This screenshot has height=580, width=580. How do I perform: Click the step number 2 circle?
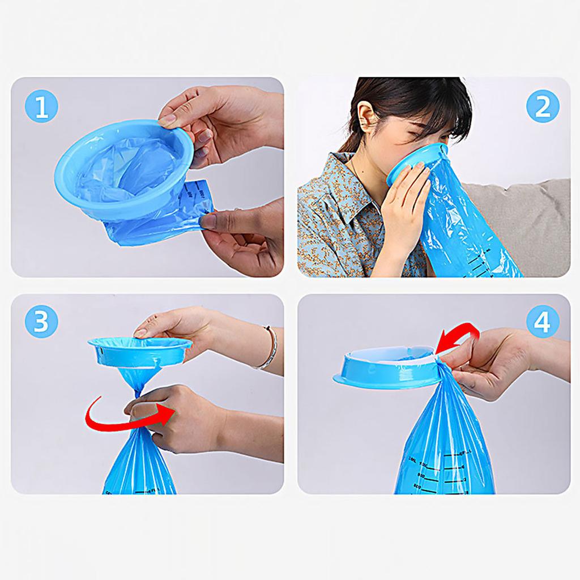coord(542,106)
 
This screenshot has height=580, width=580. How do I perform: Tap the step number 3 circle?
coord(41,322)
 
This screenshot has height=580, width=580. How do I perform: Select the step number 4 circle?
coord(542,322)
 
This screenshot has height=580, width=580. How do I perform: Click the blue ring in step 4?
coord(385,371)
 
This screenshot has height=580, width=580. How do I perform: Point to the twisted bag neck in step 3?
coord(139,385)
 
